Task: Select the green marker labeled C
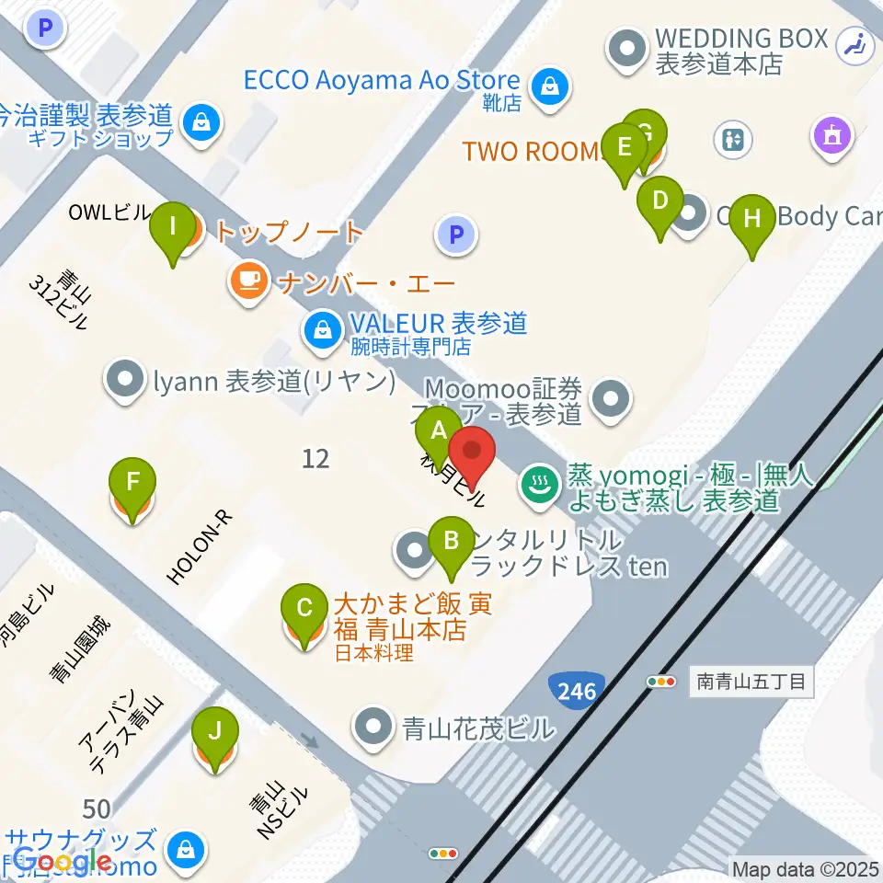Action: pyautogui.click(x=305, y=607)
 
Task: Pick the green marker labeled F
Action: pyautogui.click(x=133, y=481)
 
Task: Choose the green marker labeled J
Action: pyautogui.click(x=214, y=732)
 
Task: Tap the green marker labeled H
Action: pyautogui.click(x=752, y=219)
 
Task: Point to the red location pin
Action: pyautogui.click(x=472, y=453)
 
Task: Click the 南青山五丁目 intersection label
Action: pyautogui.click(x=751, y=682)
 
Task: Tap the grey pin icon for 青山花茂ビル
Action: pyautogui.click(x=373, y=726)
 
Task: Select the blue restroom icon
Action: pyautogui.click(x=734, y=140)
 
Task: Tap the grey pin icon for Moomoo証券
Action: pyautogui.click(x=609, y=399)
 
